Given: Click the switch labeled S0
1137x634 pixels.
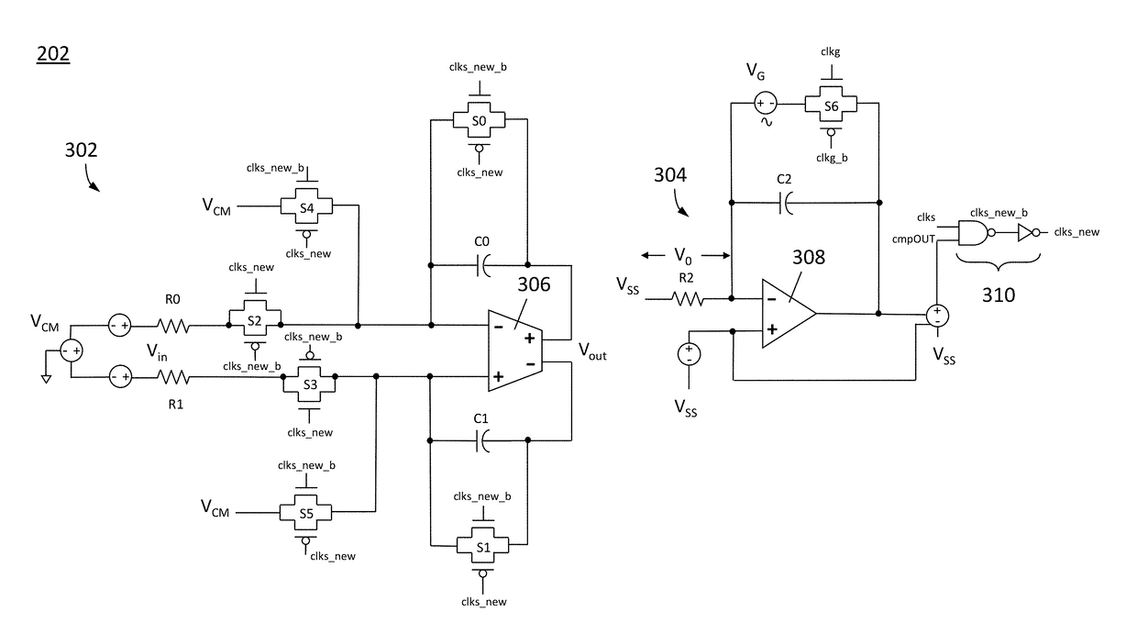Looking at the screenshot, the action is point(479,120).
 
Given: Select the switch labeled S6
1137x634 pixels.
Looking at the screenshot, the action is point(831,106).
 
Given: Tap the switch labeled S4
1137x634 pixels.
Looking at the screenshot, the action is point(306,206).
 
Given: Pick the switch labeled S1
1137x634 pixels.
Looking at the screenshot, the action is point(482,546).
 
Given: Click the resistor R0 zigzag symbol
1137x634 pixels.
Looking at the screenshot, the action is point(173,326).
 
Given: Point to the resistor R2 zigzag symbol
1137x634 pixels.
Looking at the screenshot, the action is point(688,299).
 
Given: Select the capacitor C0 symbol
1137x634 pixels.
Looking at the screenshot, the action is point(483,265).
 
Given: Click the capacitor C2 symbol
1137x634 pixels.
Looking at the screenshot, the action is point(785,203).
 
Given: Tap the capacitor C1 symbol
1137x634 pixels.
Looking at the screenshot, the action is point(482,440).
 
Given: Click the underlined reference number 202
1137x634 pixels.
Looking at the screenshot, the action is point(53,54).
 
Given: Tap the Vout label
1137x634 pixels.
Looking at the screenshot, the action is point(592,351).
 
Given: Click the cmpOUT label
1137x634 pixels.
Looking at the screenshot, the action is point(913,239).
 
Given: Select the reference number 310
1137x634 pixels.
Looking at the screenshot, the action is point(999,295).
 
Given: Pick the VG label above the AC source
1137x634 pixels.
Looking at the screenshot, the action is point(756,72).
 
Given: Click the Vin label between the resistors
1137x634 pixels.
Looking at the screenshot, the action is point(157,352).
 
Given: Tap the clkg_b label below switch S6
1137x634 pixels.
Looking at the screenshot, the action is point(832,158).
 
